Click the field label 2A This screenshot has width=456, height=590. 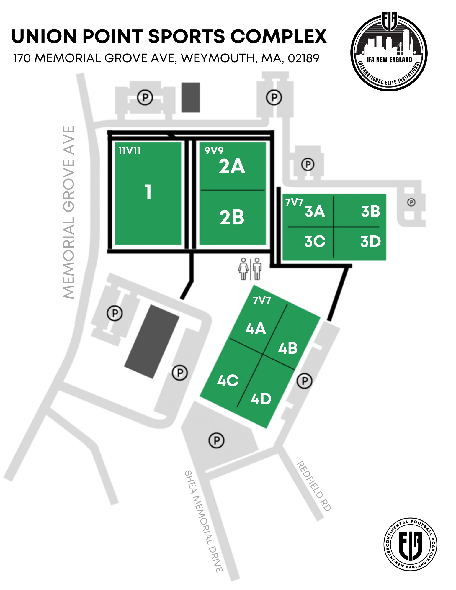[232, 167]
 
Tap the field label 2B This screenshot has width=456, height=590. [232, 218]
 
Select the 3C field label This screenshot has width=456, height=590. [315, 241]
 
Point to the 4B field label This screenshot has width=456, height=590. [288, 348]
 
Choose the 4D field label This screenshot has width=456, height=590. [261, 399]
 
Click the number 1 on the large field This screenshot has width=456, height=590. [148, 192]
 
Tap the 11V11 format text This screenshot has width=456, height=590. [130, 151]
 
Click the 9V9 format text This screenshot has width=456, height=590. [214, 151]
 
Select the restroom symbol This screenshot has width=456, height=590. [250, 269]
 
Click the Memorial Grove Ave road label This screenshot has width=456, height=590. [69, 212]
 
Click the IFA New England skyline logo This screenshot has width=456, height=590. [389, 52]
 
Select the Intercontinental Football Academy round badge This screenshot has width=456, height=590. [410, 544]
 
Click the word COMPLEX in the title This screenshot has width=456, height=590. [278, 37]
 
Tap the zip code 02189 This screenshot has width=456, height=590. [303, 58]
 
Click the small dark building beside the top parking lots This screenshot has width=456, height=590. [191, 97]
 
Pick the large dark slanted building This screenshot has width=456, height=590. [152, 341]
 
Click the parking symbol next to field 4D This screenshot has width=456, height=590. [304, 381]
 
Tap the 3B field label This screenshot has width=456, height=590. [370, 212]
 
